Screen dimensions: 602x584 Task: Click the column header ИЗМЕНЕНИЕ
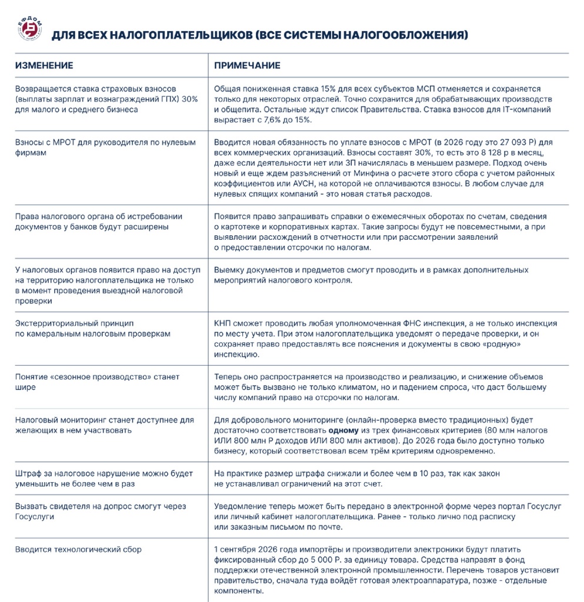[x=44, y=65]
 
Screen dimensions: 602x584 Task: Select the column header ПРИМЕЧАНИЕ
[x=247, y=65]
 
